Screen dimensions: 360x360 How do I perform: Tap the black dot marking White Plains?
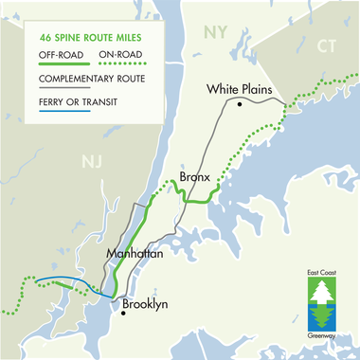pyautogui.click(x=241, y=104)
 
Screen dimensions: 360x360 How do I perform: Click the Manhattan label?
pyautogui.click(x=136, y=256)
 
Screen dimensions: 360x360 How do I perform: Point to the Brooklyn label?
pyautogui.click(x=145, y=304)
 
